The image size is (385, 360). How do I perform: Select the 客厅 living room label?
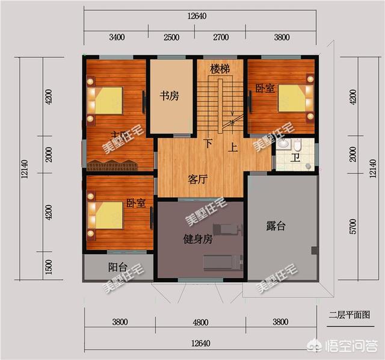click(198, 179)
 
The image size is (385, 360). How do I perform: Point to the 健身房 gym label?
click(198, 239)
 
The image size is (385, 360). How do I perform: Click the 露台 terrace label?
click(276, 226)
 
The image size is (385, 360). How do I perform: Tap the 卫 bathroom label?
click(295, 158)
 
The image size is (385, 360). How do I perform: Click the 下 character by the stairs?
click(208, 144)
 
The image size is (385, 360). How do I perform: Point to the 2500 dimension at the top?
click(171, 37)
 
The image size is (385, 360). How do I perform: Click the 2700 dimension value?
click(221, 37)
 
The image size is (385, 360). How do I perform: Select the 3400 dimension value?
click(117, 37)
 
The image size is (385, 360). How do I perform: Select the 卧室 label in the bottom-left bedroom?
click(136, 203)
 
